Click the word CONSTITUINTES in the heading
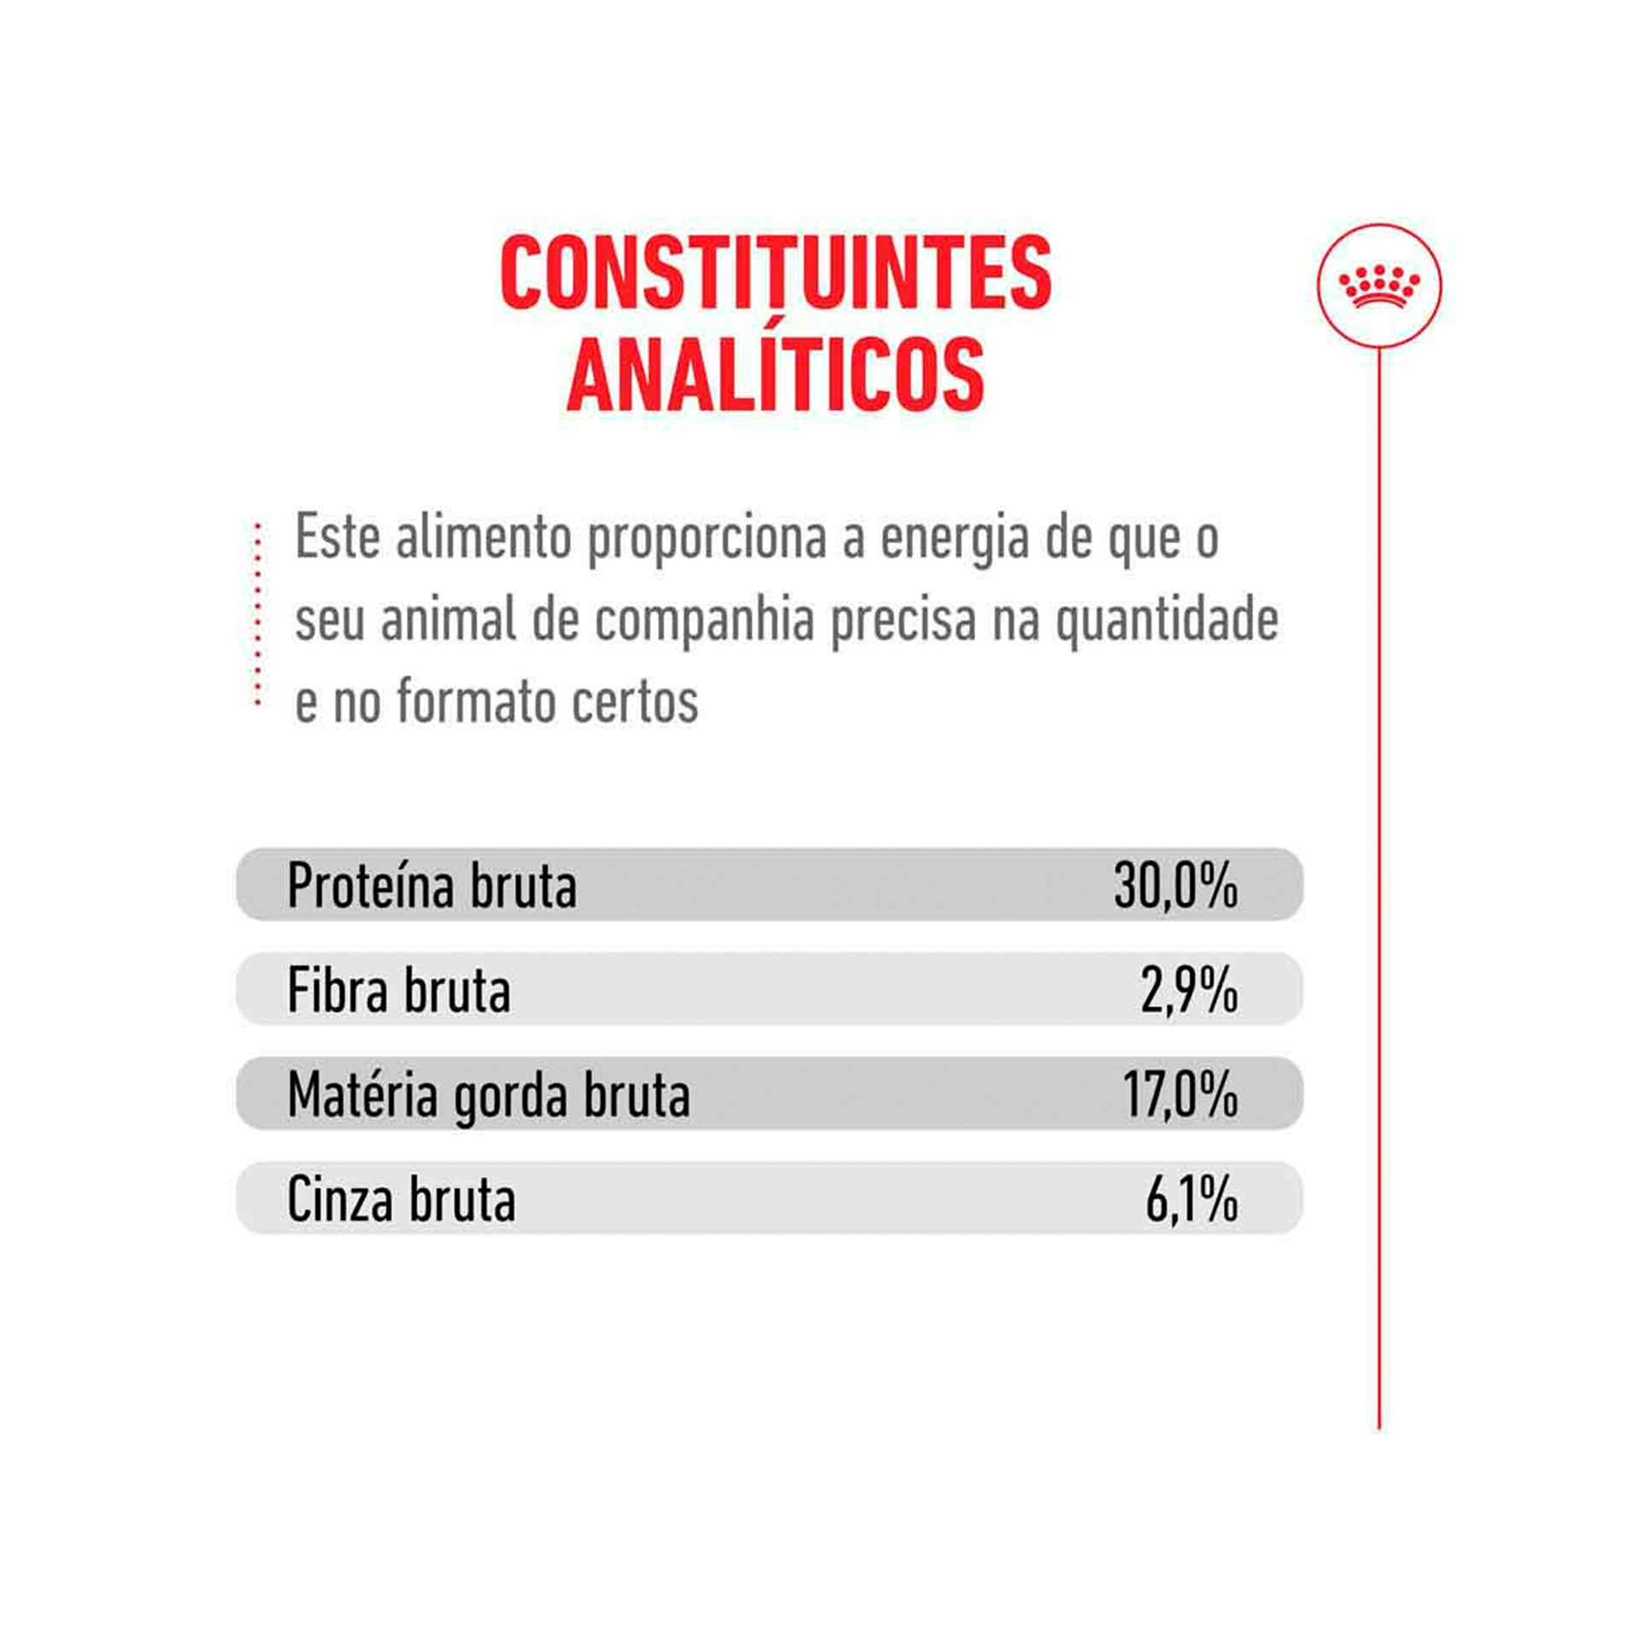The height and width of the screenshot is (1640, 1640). click(x=775, y=274)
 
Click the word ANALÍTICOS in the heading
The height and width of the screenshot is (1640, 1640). click(x=775, y=377)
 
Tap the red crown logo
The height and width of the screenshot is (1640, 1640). click(x=1379, y=285)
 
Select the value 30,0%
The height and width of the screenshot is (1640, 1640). click(x=1175, y=886)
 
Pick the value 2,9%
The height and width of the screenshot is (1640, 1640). click(x=1189, y=991)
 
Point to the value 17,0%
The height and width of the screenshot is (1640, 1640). click(x=1180, y=1095)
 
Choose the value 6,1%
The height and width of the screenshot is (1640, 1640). click(x=1192, y=1200)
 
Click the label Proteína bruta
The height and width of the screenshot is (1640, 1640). click(x=432, y=886)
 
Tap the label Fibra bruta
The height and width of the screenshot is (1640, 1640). click(x=399, y=991)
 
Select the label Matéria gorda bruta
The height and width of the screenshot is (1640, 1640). click(x=489, y=1096)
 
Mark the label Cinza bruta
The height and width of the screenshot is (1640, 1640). click(x=401, y=1200)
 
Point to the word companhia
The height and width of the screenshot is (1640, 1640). click(x=705, y=621)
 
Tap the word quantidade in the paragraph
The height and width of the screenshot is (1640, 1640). click(x=1167, y=621)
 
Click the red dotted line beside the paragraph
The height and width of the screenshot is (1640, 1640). click(x=257, y=615)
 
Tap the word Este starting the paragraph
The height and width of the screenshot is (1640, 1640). click(x=337, y=538)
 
